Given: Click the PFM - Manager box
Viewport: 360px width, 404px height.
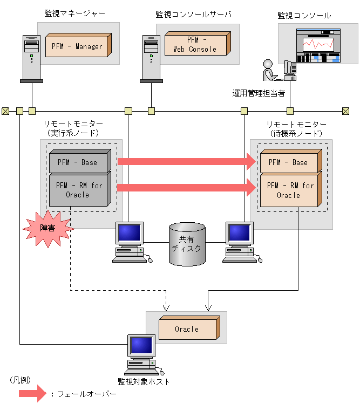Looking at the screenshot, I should click(x=77, y=46).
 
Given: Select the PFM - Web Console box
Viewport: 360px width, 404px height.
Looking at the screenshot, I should click(x=195, y=44).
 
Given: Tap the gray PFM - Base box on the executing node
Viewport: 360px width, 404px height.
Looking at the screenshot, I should click(x=78, y=162).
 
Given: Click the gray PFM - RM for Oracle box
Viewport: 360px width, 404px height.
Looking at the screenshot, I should click(x=78, y=190).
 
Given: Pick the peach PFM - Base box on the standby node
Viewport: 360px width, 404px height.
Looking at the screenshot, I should click(x=289, y=162).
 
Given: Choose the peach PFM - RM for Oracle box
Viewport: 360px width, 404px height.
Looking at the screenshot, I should click(x=289, y=190).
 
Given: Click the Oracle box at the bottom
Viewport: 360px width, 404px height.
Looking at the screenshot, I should click(x=187, y=328).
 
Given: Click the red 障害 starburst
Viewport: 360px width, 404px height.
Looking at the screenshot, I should click(x=47, y=228).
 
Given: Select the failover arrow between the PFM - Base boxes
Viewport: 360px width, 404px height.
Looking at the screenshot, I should click(x=186, y=161).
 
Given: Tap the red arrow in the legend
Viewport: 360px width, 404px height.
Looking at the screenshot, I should click(x=32, y=394).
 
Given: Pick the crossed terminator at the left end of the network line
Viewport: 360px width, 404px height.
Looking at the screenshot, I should click(x=5, y=111).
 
